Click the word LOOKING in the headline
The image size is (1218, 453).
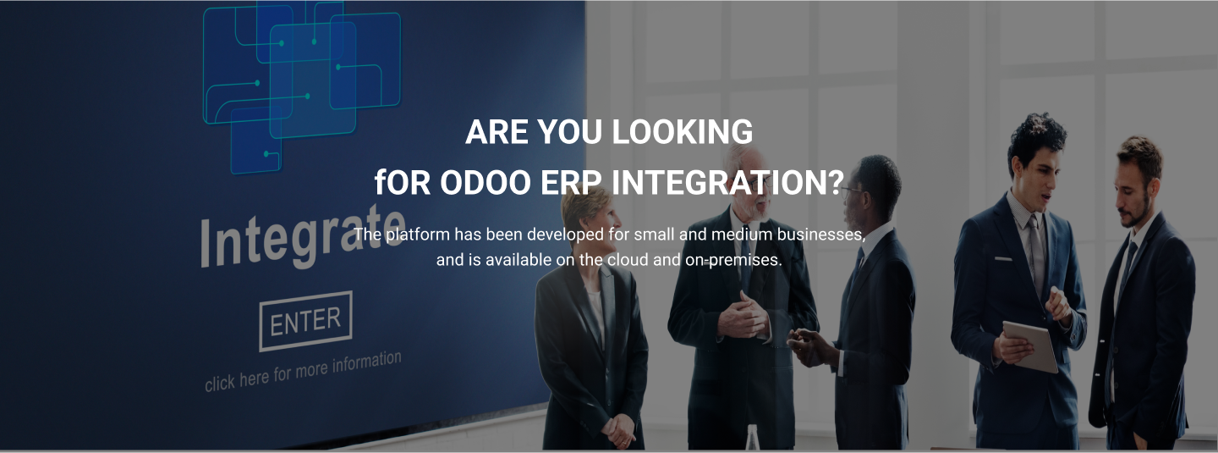(x=682, y=132)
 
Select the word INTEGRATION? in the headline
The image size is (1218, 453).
(x=726, y=182)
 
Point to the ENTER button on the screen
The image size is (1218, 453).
(x=305, y=321)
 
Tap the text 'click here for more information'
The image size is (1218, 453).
(x=303, y=371)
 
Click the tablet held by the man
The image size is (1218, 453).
(x=1032, y=345)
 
